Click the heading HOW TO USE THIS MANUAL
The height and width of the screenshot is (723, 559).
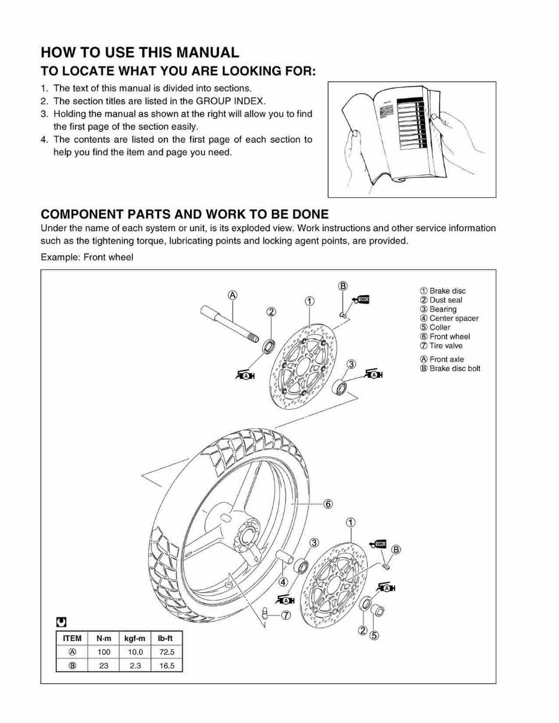click(140, 53)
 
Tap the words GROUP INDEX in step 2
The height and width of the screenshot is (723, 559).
click(230, 101)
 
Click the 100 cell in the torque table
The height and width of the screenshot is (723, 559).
click(103, 652)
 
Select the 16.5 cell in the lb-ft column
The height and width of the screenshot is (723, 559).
click(167, 666)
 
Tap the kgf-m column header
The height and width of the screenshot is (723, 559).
click(135, 638)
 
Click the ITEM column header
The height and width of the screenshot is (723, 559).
click(72, 638)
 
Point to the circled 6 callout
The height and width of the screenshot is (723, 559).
click(328, 504)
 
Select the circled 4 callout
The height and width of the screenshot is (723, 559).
click(283, 581)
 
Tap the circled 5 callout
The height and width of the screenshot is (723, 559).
click(374, 635)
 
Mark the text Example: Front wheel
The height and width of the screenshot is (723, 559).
click(87, 258)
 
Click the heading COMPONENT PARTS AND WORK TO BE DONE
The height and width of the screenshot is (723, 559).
click(184, 214)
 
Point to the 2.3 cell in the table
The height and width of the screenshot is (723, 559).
click(135, 666)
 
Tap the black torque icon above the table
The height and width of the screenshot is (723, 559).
click(61, 621)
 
